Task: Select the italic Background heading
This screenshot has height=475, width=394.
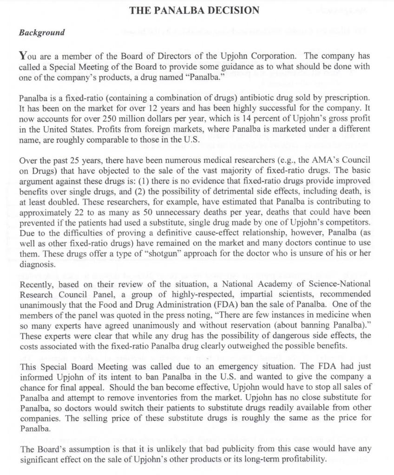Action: click(x=41, y=33)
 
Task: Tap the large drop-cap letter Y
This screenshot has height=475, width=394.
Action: click(x=23, y=56)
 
